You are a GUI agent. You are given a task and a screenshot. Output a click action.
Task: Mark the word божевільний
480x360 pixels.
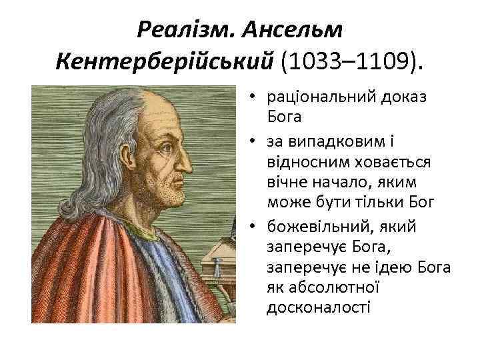(x=314, y=226)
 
